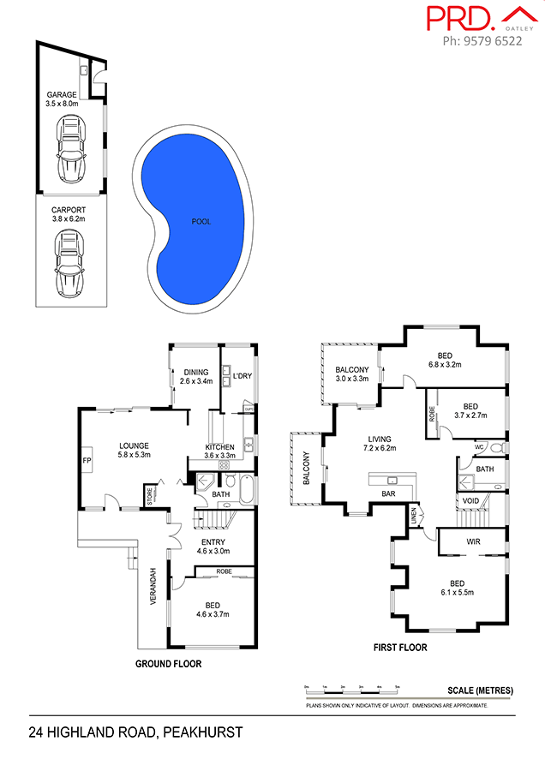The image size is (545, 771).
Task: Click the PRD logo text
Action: pos(459,18)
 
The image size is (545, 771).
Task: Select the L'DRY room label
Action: pos(242,374)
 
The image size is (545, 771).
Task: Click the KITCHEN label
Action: pos(220,447)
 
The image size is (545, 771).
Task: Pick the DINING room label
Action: pos(196,372)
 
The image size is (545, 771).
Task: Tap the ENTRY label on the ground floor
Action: pos(213,541)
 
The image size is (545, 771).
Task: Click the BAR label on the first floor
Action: pos(388,494)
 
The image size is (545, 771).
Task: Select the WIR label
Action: pos(473,541)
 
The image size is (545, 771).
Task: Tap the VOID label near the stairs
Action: pos(470,500)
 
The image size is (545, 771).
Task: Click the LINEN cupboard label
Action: pos(414,516)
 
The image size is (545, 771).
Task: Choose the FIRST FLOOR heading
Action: pos(399,648)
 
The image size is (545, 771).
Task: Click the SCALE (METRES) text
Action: pos(480,690)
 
